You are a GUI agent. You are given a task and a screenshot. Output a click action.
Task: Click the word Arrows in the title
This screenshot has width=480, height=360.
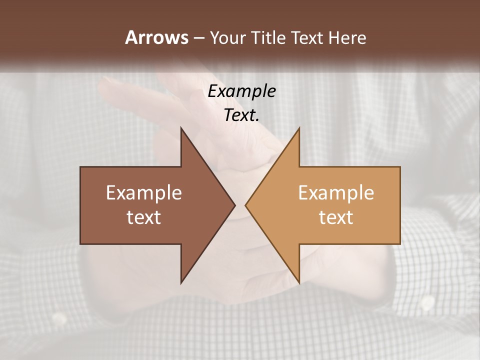[156, 37]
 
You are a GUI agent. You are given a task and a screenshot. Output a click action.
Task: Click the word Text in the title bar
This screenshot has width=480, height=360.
[307, 38]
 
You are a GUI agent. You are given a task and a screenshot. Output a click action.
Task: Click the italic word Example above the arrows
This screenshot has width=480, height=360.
[241, 91]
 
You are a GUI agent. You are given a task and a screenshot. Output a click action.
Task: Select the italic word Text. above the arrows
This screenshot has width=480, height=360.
[241, 115]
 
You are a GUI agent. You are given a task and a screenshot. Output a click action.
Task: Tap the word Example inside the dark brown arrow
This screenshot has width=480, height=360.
[144, 193]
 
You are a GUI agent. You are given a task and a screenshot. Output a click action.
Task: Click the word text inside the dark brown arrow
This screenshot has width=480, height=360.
[144, 217]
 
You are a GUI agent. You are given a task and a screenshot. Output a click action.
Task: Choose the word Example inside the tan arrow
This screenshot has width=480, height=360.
[336, 193]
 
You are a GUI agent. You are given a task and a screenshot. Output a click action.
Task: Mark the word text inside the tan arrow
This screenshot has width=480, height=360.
[336, 217]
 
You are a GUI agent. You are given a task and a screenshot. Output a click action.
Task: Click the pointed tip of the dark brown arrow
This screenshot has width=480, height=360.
[234, 205]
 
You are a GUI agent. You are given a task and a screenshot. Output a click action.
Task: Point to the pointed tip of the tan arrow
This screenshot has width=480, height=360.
[246, 205]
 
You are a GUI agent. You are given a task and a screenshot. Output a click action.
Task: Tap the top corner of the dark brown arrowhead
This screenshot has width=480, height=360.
[181, 128]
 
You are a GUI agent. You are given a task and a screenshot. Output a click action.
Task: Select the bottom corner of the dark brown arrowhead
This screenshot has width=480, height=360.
[181, 282]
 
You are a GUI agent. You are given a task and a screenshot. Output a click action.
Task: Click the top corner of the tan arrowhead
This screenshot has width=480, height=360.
[299, 128]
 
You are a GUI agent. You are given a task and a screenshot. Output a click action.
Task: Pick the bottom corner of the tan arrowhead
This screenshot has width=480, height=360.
[299, 282]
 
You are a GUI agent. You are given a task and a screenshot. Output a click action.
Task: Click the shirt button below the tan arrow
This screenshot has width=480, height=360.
[427, 302]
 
